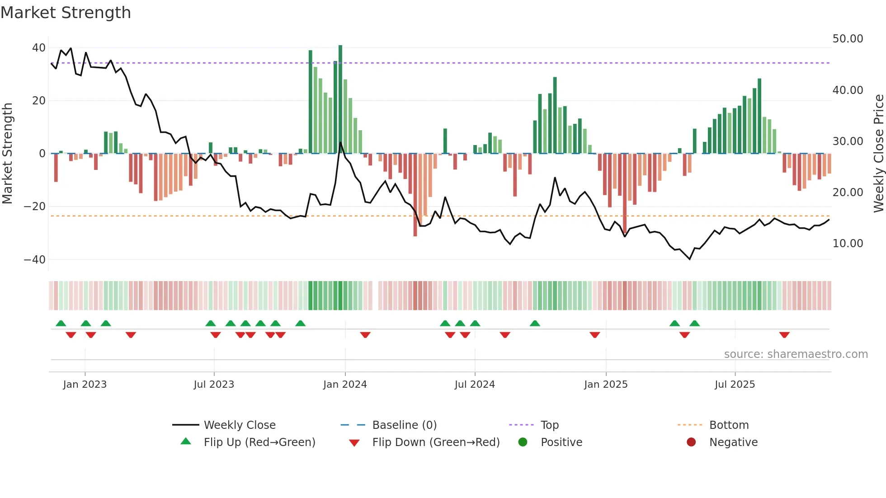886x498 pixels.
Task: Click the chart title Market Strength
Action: [x=66, y=13]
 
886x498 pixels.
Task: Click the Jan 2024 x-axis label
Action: [x=345, y=385]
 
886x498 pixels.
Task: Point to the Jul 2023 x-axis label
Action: [x=214, y=385]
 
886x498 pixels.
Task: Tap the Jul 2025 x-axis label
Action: [x=735, y=385]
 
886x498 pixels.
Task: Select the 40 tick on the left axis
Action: [x=39, y=48]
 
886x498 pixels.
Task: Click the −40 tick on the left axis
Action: [x=35, y=260]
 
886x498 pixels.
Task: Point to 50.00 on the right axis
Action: [x=848, y=39]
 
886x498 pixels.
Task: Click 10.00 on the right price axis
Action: [x=848, y=244]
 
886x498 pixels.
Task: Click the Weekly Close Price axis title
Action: [x=878, y=154]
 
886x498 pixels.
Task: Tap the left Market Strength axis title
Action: [x=8, y=154]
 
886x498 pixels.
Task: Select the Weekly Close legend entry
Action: [x=239, y=425]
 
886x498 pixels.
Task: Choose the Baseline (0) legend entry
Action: [x=404, y=425]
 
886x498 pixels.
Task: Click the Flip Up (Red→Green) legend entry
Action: [x=259, y=442]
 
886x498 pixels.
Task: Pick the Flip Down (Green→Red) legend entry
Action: [x=436, y=442]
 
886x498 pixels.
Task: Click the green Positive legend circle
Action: [x=523, y=442]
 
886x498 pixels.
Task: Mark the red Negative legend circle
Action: [x=691, y=442]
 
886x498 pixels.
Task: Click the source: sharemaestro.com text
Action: [x=796, y=354]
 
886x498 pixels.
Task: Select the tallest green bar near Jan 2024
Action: [x=340, y=99]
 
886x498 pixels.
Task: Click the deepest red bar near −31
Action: [x=415, y=194]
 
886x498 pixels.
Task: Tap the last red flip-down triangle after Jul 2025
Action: [x=784, y=335]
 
